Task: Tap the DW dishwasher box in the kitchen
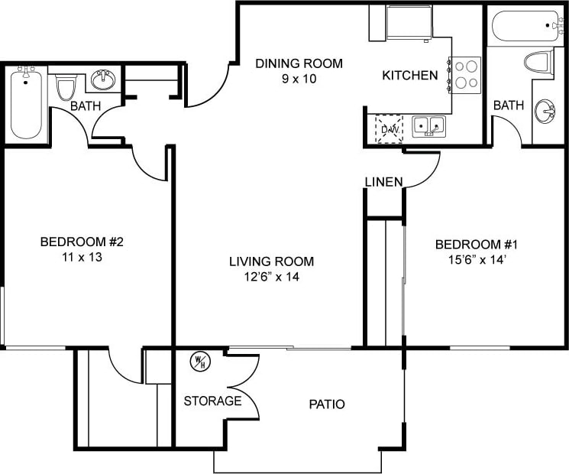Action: pos(389,128)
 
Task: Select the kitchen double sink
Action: pos(428,126)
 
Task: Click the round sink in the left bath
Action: pos(103,80)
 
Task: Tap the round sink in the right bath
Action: pos(545,112)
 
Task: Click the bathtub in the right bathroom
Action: pos(525,28)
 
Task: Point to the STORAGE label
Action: pos(212,401)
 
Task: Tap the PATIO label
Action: pos(327,404)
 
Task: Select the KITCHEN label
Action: pos(409,75)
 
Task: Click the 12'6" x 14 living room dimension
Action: pos(271,277)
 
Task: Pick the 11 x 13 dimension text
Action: pos(82,258)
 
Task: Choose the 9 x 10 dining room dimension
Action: pos(299,78)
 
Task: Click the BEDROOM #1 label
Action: pos(477,245)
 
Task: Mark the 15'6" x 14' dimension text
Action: pos(477,260)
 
